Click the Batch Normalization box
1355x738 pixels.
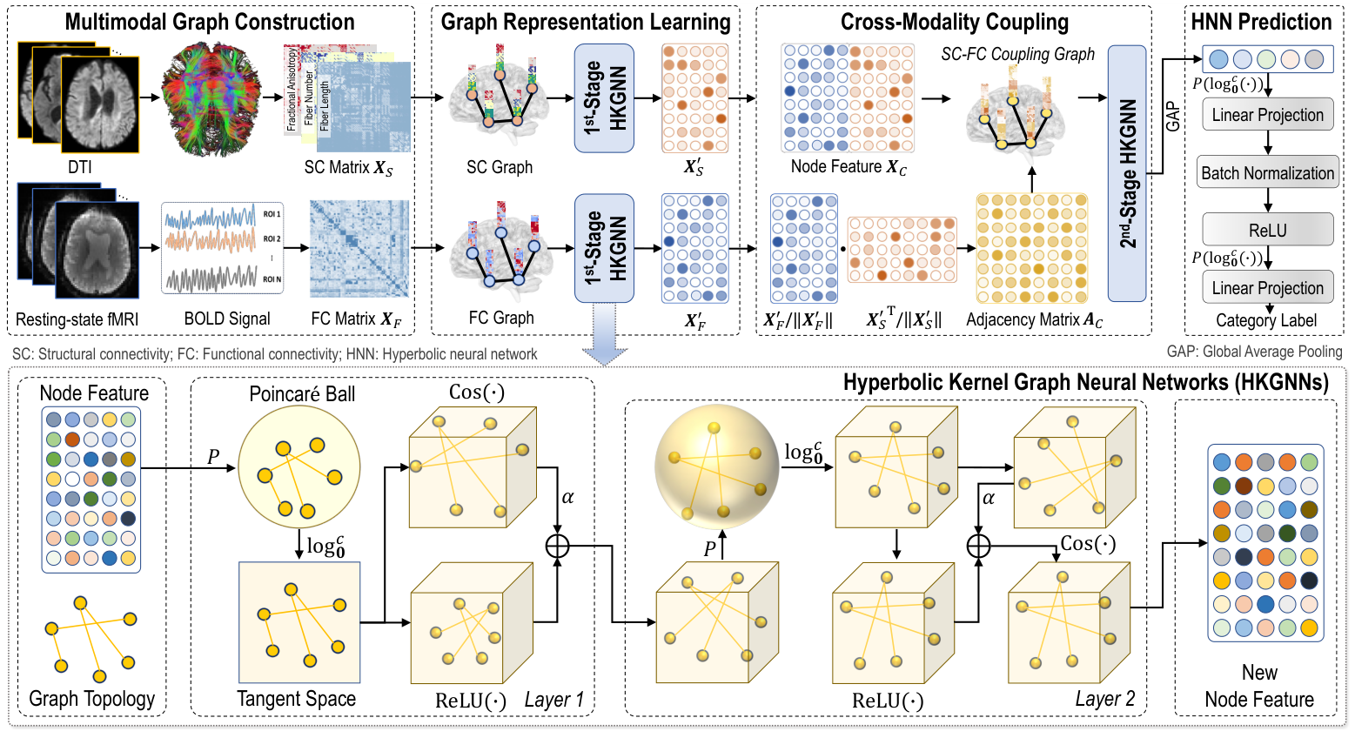coord(1267,172)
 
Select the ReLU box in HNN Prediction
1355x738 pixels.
coord(1267,230)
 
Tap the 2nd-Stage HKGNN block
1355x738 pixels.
coord(1127,173)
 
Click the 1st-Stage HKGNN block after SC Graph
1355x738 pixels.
coord(604,98)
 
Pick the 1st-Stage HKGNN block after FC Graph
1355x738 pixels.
coord(604,248)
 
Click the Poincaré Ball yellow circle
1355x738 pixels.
coord(299,469)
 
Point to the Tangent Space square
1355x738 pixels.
coord(299,621)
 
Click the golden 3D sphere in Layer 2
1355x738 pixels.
coord(715,470)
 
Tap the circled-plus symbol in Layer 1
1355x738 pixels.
coord(557,546)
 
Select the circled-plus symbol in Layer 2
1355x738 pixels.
coord(979,546)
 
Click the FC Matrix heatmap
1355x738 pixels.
coord(359,248)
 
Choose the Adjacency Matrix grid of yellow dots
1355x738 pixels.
coord(1032,248)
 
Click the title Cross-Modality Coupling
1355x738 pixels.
coord(954,22)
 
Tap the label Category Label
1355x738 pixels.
coord(1266,320)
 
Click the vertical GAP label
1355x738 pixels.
coord(1173,116)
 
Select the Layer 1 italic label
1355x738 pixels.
coord(553,700)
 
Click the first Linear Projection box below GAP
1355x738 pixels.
coord(1267,115)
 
